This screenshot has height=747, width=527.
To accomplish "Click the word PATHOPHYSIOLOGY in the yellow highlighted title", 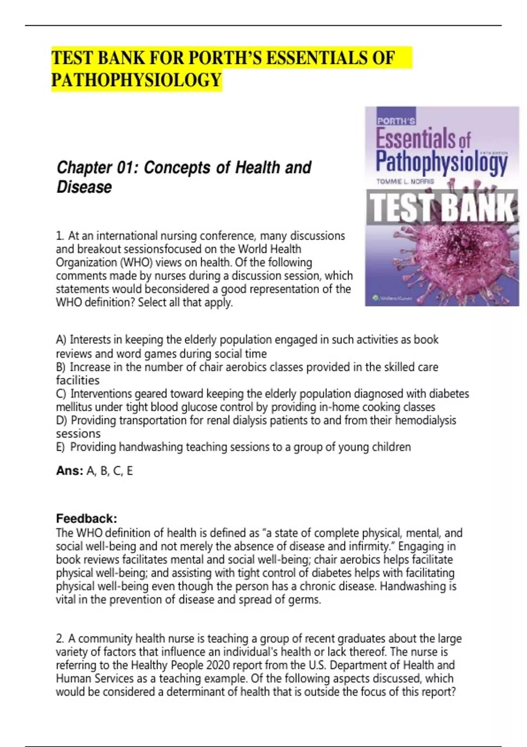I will coord(137,80).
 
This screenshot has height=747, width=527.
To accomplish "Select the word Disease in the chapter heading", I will coord(84,187).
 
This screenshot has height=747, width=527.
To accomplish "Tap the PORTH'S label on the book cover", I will coord(396,120).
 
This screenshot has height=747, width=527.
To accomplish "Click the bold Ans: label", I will coord(69,471).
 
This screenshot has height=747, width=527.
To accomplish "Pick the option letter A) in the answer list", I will coord(61,340).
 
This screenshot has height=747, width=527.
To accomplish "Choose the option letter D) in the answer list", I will coord(61,421).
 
